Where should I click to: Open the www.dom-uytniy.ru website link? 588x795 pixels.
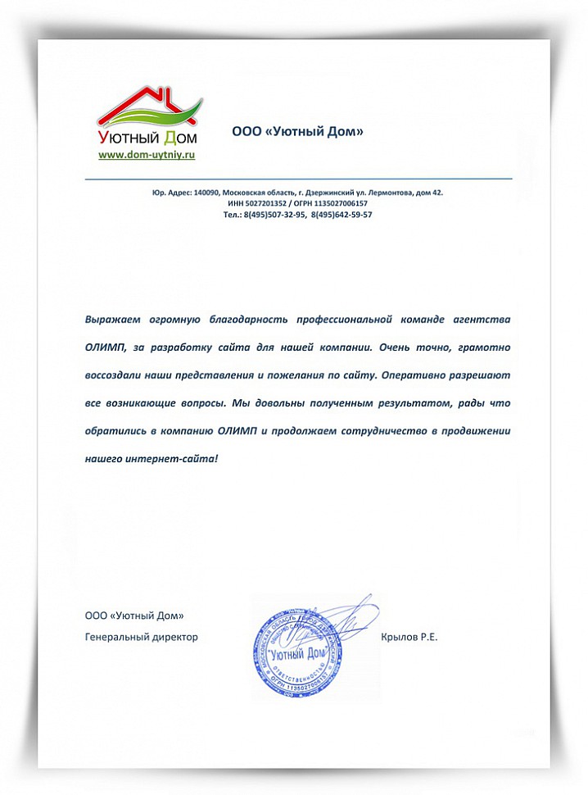(x=147, y=153)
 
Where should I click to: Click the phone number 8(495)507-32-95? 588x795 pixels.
(x=275, y=214)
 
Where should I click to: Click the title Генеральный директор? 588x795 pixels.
(x=142, y=637)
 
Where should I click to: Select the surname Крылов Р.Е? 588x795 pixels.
(x=409, y=637)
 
